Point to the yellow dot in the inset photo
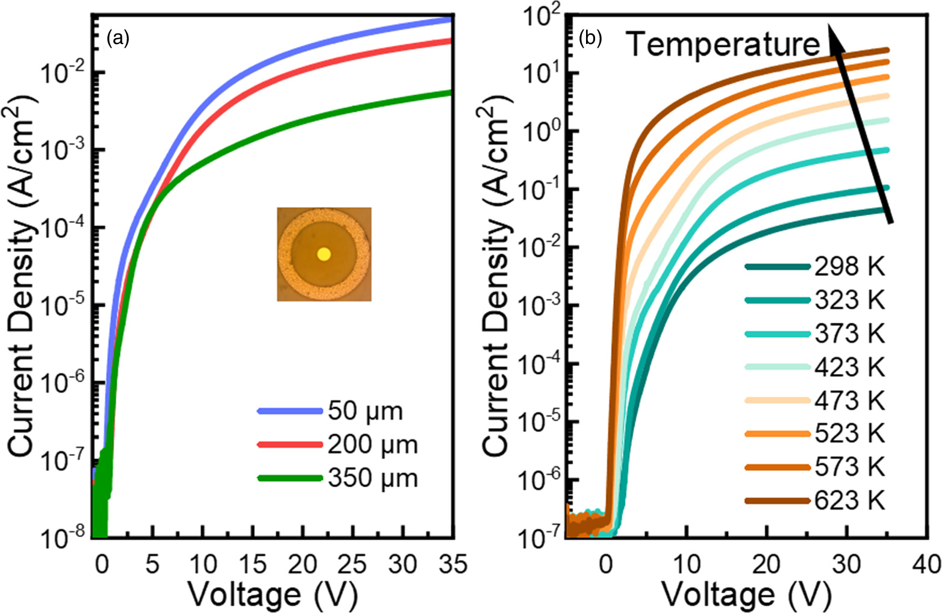click(324, 254)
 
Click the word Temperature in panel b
click(723, 44)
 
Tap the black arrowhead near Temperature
click(832, 37)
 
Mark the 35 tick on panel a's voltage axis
click(453, 565)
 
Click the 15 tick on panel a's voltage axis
click(253, 565)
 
